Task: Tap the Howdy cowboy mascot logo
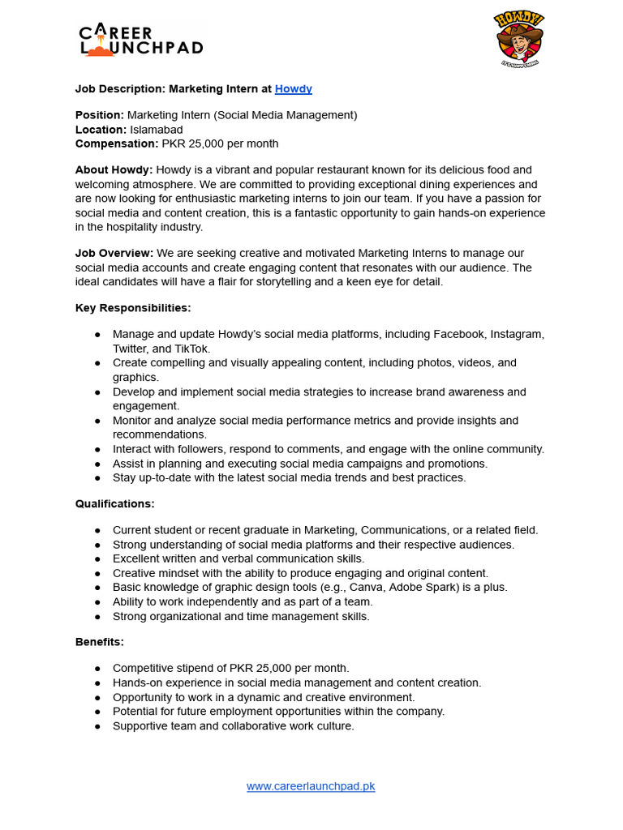coord(518,39)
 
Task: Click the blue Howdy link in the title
coord(293,89)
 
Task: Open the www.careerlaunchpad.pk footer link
coord(311,786)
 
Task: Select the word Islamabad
coord(155,130)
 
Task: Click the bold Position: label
coord(100,115)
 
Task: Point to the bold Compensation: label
coord(117,143)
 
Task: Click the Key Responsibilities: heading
coord(133,308)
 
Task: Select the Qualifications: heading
coord(114,504)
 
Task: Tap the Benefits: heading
coord(100,642)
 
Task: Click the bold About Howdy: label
coord(114,170)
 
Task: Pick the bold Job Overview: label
coord(114,254)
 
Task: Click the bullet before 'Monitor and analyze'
coord(97,421)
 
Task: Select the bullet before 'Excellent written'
coord(97,559)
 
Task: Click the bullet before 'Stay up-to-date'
coord(97,478)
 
